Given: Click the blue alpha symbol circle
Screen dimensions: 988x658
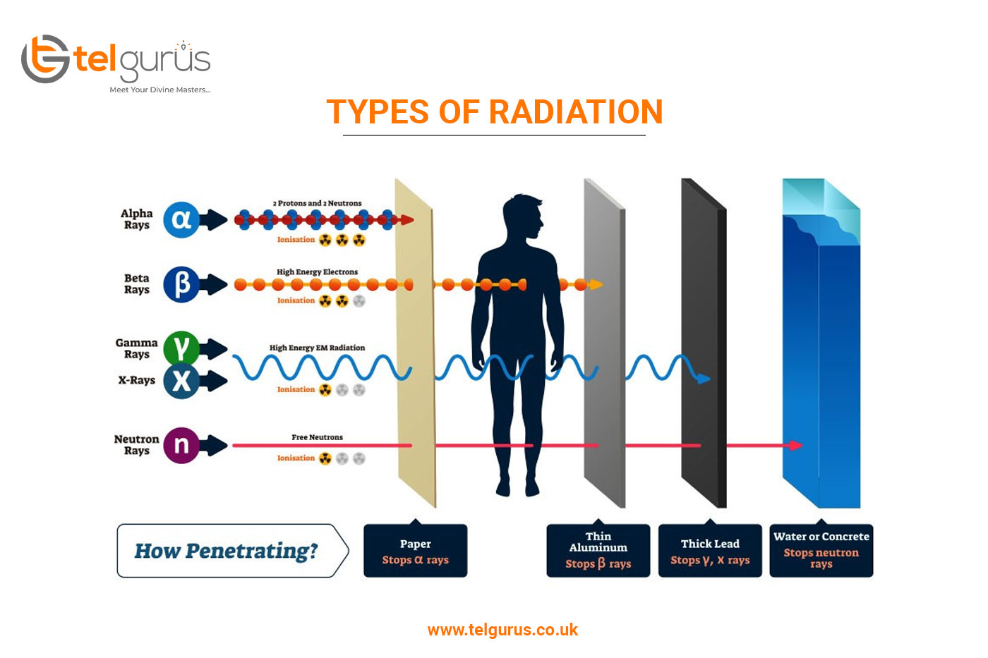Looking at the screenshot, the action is [181, 219].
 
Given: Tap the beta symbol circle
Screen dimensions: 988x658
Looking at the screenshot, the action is [181, 284].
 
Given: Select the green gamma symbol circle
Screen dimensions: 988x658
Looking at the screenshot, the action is [181, 348].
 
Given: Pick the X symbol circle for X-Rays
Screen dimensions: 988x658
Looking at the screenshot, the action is [181, 381].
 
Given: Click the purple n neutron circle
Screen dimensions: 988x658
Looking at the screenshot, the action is [181, 445].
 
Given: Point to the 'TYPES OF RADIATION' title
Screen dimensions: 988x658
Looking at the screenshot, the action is [495, 111].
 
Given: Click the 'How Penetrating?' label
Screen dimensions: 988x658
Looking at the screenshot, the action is [226, 551].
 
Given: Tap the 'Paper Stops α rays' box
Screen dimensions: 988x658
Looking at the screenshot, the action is [416, 551].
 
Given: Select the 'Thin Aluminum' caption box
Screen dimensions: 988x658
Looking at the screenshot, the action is [598, 551].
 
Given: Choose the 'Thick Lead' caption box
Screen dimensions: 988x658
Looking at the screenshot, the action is [710, 551].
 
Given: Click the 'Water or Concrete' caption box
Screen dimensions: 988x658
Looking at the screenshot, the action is [821, 551].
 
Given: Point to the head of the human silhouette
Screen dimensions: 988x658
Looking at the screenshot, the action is [523, 217].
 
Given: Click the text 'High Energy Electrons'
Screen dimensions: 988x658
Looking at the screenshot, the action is [317, 272].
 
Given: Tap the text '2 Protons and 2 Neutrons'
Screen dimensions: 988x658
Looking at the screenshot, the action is [317, 203].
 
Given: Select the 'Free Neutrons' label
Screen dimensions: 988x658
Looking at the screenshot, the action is [317, 437].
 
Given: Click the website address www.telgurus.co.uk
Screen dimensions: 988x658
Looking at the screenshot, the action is [502, 630].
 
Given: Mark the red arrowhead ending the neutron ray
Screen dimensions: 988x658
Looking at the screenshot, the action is [795, 445].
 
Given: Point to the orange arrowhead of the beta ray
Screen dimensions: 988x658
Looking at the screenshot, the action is [596, 285].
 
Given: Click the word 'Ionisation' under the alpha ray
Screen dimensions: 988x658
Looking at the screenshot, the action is [296, 240].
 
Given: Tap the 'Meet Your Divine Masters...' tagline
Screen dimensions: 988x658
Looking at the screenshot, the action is [160, 90].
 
